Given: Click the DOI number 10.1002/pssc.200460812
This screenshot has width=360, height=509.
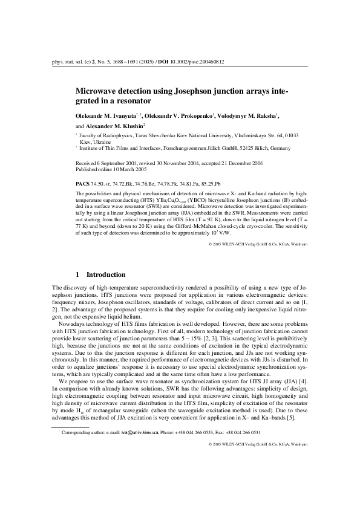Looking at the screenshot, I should point(197,61).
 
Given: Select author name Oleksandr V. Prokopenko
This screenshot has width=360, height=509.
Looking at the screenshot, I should point(180,114).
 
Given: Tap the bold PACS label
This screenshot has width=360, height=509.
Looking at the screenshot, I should point(81,182).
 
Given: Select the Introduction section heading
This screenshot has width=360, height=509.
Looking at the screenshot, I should point(105,274).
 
